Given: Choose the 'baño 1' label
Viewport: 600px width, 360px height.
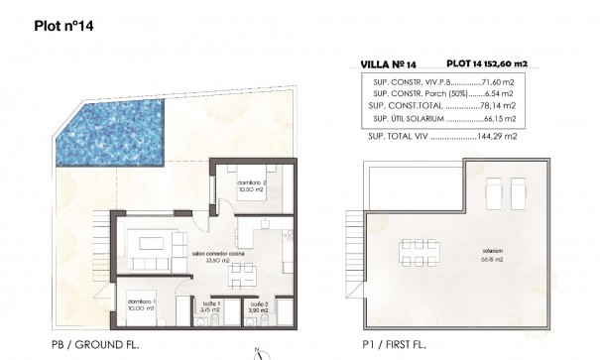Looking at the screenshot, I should click(x=210, y=305).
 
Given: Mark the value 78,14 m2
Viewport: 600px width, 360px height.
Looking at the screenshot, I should click(x=506, y=105).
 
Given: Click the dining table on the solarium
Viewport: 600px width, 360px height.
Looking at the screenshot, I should click(x=416, y=248).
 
